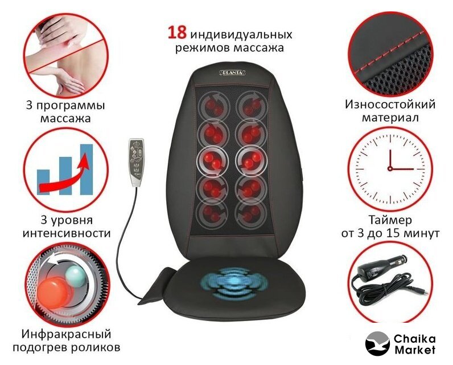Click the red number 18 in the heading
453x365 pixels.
[177, 33]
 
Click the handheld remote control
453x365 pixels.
[137, 162]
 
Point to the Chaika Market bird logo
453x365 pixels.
[377, 343]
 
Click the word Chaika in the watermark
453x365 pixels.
[414, 338]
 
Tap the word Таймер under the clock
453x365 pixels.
[390, 220]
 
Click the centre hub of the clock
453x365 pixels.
[390, 168]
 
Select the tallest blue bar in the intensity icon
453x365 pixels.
[87, 169]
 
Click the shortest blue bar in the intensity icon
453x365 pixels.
[43, 182]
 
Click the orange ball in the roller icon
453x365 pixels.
[54, 290]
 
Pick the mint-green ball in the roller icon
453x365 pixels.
[76, 275]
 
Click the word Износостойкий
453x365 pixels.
[390, 104]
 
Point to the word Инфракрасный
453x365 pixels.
[66, 334]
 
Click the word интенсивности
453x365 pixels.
[67, 233]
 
